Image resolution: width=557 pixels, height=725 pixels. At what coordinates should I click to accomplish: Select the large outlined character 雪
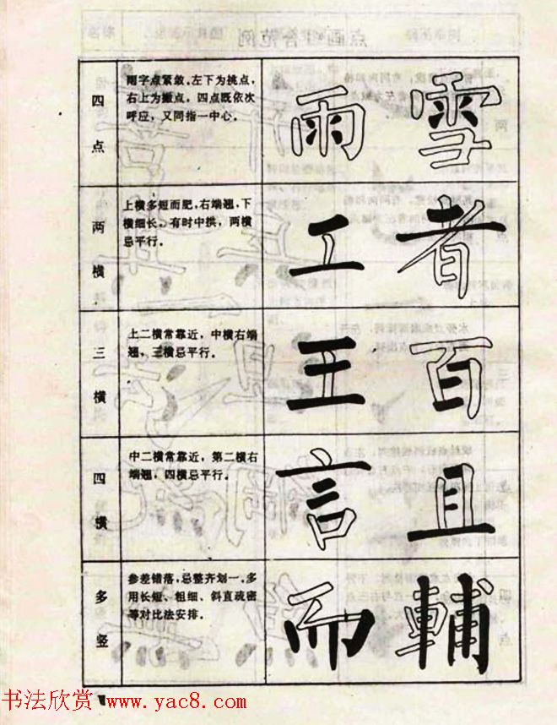click(x=452, y=123)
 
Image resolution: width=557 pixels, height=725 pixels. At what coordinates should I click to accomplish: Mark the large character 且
click(x=452, y=503)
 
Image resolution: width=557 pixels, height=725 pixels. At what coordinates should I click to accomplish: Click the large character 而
click(x=328, y=622)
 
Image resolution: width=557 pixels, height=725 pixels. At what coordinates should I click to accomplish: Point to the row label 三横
click(x=98, y=372)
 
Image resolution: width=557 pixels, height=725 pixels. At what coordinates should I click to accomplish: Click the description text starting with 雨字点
click(x=190, y=98)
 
